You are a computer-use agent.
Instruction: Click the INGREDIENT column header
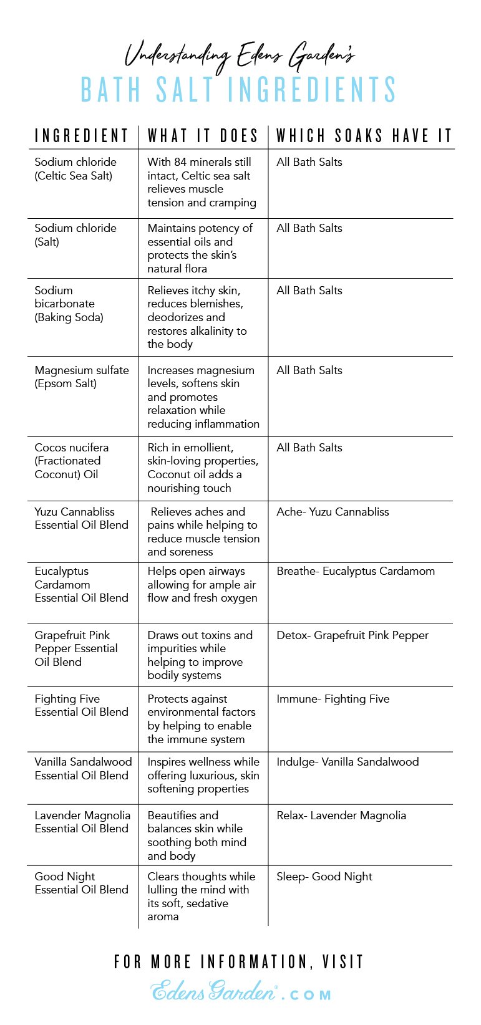point(81,135)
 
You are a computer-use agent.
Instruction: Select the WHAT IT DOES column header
point(203,135)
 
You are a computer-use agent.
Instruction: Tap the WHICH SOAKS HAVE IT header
point(364,135)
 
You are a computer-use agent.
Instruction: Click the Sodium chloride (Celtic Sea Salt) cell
point(75,168)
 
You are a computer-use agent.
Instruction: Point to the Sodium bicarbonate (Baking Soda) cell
point(69,304)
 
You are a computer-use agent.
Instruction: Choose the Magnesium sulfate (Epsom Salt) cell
point(82,377)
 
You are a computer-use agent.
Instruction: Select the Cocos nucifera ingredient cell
point(72,461)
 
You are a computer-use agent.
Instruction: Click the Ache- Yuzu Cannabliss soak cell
point(333,512)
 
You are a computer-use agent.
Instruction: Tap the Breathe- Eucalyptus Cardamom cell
point(356,571)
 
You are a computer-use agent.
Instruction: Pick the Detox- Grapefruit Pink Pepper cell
point(352,635)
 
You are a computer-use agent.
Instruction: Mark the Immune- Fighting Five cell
point(333,699)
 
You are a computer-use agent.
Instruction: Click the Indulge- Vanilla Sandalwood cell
point(347,762)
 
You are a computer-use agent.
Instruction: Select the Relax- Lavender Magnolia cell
point(341,816)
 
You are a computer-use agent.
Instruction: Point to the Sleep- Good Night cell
point(324,877)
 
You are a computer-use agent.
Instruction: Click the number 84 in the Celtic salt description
point(180,162)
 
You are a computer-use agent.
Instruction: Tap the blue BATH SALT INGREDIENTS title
point(239,90)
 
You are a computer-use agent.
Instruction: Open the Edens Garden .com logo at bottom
point(241,990)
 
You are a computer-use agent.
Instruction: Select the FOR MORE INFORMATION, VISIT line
point(239,961)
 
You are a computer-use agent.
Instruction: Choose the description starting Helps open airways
point(202,585)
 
